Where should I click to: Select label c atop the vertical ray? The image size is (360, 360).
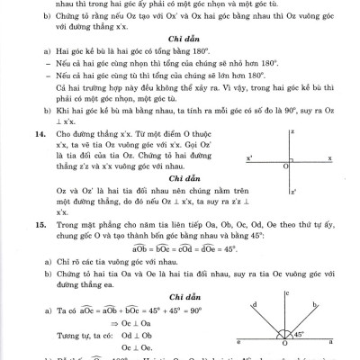coord(286,292)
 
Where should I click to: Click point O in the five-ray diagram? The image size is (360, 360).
coord(286,347)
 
